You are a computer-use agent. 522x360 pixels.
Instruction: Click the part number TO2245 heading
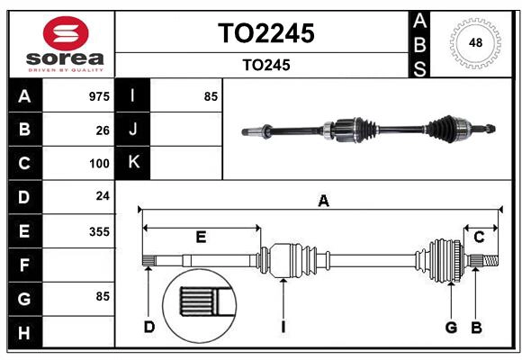pyautogui.click(x=265, y=33)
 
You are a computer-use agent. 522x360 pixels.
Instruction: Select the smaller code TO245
pyautogui.click(x=265, y=65)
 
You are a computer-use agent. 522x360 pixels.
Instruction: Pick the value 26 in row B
pyautogui.click(x=103, y=130)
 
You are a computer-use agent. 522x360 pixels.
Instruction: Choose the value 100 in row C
pyautogui.click(x=99, y=164)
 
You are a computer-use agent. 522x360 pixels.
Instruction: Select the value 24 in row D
pyautogui.click(x=103, y=197)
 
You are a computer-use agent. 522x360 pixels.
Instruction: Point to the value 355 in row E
pyautogui.click(x=99, y=231)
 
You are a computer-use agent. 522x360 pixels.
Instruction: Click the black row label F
pyautogui.click(x=24, y=265)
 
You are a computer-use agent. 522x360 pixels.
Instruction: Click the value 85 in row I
pyautogui.click(x=211, y=96)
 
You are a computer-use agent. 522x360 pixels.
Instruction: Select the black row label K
pyautogui.click(x=133, y=163)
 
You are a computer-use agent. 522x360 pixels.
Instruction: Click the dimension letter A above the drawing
pyautogui.click(x=323, y=202)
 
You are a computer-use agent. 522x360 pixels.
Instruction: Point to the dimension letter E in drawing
pyautogui.click(x=201, y=237)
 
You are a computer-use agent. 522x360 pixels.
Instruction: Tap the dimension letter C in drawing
pyautogui.click(x=479, y=237)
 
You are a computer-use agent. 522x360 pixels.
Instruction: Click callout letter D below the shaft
pyautogui.click(x=148, y=327)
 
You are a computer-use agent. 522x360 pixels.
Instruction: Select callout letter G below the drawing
pyautogui.click(x=451, y=327)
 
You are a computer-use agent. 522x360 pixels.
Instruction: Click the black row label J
pyautogui.click(x=133, y=130)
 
